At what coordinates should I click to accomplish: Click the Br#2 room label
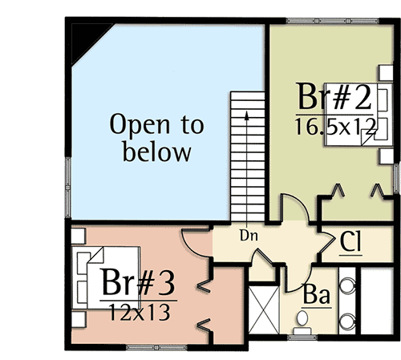click(334, 96)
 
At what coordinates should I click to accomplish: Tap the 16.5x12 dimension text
click(335, 127)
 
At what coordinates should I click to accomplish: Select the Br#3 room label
click(138, 281)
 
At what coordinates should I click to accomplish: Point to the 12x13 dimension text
click(140, 312)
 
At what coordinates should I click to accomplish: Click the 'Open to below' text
click(157, 138)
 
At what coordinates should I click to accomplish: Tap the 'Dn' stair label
click(249, 236)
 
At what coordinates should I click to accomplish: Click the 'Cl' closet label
click(350, 241)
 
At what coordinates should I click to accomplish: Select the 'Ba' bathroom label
click(317, 294)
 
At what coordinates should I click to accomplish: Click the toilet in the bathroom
click(302, 322)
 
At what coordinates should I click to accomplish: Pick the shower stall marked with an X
click(264, 309)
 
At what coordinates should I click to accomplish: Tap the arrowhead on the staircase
click(247, 115)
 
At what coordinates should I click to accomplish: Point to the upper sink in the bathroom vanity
click(347, 285)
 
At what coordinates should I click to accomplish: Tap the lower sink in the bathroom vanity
click(347, 321)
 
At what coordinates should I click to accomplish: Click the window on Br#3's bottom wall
click(156, 348)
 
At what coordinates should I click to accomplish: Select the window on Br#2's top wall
click(333, 21)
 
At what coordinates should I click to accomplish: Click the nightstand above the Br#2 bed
click(386, 72)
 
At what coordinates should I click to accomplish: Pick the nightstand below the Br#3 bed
click(79, 319)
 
